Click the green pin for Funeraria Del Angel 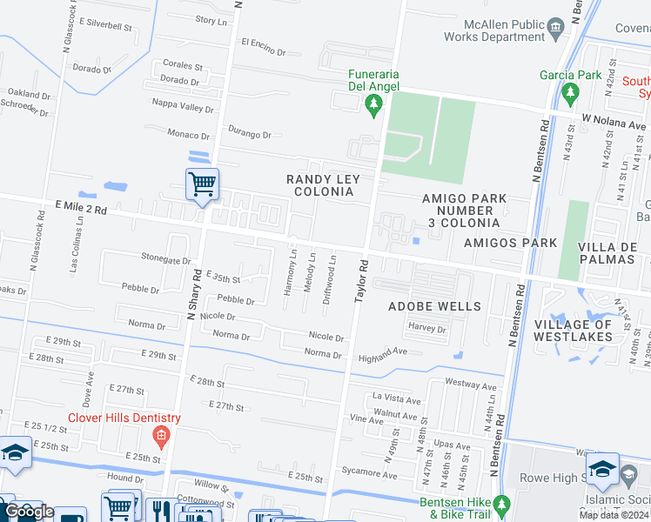(374, 106)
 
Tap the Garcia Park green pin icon (571, 92)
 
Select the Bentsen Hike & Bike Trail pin (500, 505)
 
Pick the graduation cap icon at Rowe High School (602, 469)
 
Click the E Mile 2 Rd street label (74, 210)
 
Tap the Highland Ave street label (383, 351)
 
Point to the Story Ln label (211, 19)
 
